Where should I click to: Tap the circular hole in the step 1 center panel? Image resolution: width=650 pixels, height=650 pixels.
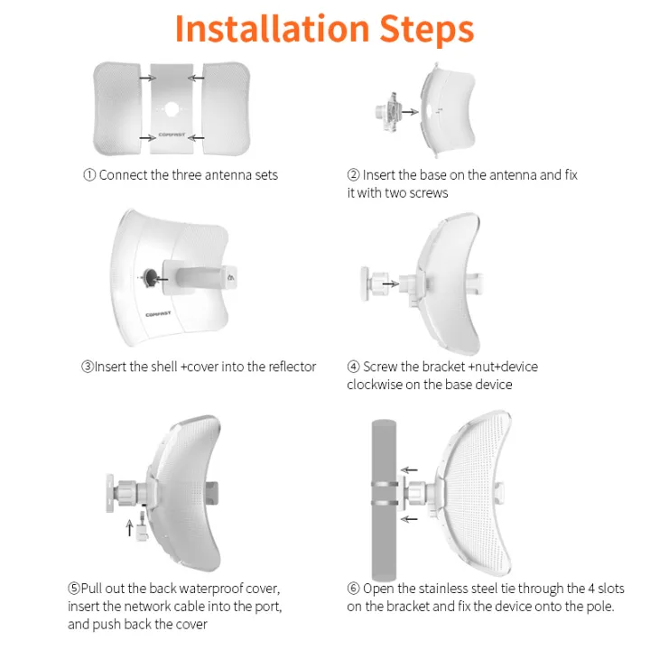click(170, 108)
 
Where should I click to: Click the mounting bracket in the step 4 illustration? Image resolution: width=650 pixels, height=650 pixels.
click(370, 282)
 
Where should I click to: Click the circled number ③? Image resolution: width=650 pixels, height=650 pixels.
click(88, 367)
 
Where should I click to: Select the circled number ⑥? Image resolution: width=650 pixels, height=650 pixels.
click(353, 589)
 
